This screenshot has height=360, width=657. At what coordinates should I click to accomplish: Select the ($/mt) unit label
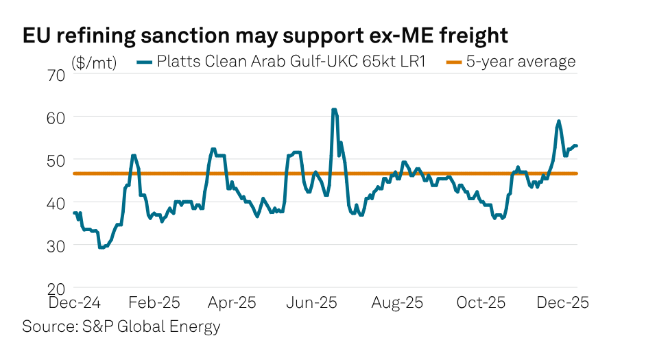pos(95,63)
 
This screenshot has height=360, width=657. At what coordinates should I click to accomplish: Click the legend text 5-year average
pos(521,62)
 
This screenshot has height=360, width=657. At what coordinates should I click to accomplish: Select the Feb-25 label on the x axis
pos(154,302)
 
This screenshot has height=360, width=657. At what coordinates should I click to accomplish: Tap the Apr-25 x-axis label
pos(232,302)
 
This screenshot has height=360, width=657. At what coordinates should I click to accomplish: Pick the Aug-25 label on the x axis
pos(397,302)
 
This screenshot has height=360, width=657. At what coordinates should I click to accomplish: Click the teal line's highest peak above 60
pos(334,110)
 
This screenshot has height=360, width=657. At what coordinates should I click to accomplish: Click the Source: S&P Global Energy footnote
pos(121,326)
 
